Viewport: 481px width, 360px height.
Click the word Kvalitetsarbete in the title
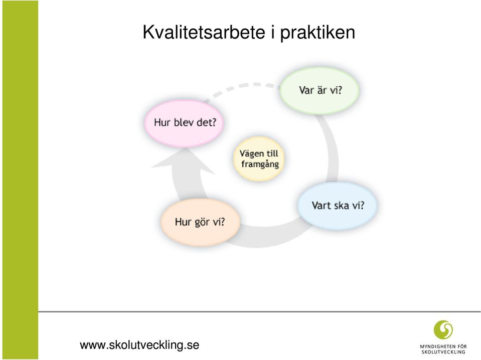(204, 32)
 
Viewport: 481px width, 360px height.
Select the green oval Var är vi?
(319, 90)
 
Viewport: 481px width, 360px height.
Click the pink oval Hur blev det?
(185, 122)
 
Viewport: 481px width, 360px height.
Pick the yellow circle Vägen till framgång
(259, 158)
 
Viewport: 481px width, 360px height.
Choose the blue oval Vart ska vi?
(338, 206)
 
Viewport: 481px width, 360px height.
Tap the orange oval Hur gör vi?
(200, 222)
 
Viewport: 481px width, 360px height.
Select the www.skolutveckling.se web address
(139, 345)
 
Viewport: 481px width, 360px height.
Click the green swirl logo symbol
(443, 329)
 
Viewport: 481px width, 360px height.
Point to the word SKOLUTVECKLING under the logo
(443, 352)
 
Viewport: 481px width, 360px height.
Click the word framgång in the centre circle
(260, 164)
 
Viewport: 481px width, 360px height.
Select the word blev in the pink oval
(184, 122)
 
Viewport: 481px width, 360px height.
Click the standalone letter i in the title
(272, 32)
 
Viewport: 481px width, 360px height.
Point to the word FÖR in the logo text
(461, 346)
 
